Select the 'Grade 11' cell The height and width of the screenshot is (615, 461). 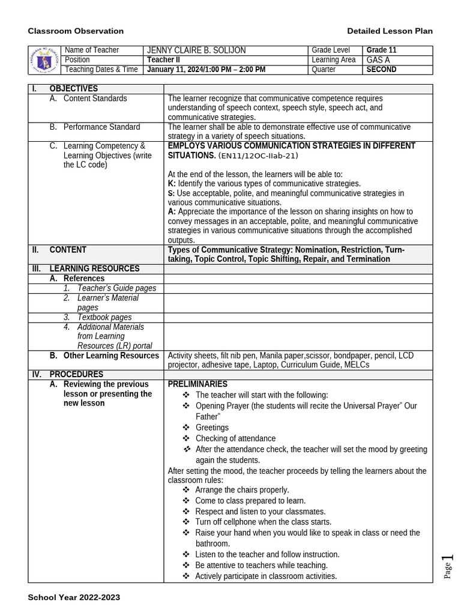coord(382,50)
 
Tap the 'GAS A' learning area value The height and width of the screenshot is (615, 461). coord(378,60)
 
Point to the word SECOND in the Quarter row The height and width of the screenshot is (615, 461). coord(382,70)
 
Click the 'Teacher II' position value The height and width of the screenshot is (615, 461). coord(163,60)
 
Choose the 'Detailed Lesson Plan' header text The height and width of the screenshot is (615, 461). coord(390,31)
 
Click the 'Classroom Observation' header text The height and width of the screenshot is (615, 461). coord(76,31)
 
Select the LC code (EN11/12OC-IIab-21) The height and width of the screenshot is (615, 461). coord(258,156)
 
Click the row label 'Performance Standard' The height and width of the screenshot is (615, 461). coord(101,127)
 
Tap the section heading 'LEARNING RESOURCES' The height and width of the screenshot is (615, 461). coord(94,269)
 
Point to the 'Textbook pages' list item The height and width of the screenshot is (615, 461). coord(104,317)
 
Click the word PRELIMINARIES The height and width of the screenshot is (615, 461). coord(197,384)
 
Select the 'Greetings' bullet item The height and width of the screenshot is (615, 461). coord(212,428)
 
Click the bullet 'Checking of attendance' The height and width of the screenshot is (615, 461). coord(235,438)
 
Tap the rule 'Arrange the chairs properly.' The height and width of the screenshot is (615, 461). coord(242,490)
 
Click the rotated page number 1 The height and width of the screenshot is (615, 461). coord(447,561)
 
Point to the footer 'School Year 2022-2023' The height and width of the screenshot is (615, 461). coord(74,598)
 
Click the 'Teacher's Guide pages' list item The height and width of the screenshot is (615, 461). coord(116,288)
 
